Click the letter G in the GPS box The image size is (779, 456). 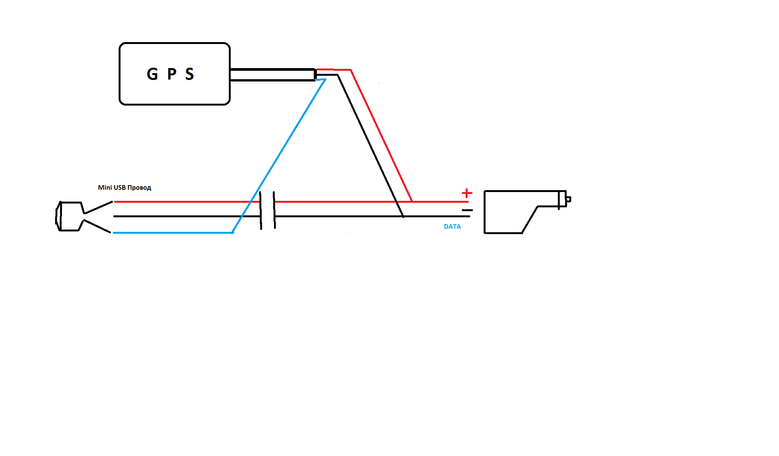tap(152, 74)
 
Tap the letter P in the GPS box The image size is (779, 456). tap(172, 74)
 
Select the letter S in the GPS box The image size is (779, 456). tap(189, 74)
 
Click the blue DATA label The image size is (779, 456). tap(452, 226)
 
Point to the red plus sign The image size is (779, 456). tap(467, 193)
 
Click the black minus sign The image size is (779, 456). tap(467, 210)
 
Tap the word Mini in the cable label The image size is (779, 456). tap(105, 187)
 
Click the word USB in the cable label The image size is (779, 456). tap(120, 187)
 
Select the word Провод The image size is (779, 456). tap(139, 188)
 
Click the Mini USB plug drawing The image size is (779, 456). tap(71, 216)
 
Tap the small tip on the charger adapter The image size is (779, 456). tap(569, 199)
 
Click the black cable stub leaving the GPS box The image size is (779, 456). tap(272, 75)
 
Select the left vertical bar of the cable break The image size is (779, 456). tap(261, 211)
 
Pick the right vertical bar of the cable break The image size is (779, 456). tap(274, 211)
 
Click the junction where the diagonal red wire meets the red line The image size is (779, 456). tap(412, 201)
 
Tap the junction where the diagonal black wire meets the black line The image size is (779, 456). tap(403, 216)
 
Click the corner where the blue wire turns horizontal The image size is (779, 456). tap(233, 232)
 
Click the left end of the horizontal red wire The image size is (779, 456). tap(115, 202)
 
